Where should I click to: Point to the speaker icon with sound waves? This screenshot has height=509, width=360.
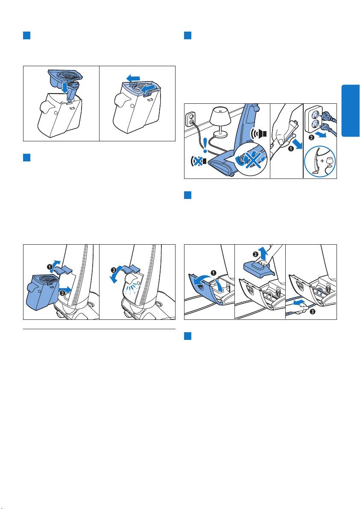tap(259, 133)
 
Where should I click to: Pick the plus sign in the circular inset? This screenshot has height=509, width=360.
tap(322, 161)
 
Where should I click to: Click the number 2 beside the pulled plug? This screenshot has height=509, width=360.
tap(310, 137)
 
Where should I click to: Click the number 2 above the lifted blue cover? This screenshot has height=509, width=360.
tap(255, 254)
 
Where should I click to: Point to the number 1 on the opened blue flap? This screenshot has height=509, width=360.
tap(214, 273)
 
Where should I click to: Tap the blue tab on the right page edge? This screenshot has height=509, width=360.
tap(351, 111)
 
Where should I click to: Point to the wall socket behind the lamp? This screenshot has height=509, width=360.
tap(190, 120)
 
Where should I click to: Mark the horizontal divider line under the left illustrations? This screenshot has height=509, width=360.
tap(100, 329)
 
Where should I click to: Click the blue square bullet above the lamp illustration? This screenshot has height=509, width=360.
tap(187, 35)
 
